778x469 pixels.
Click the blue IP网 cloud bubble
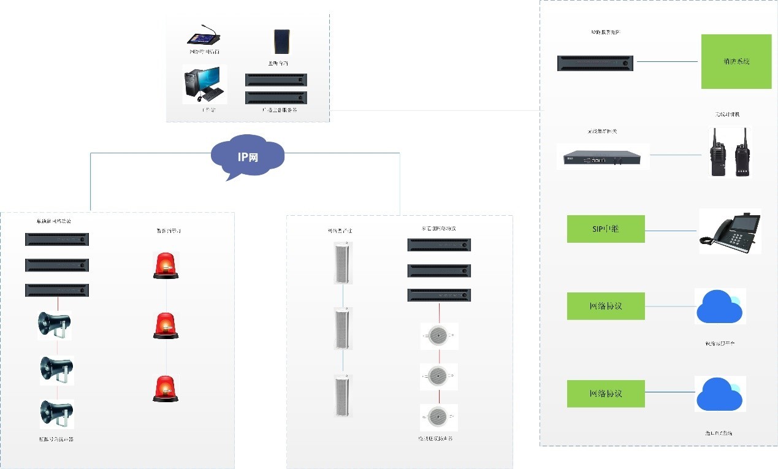tap(248, 156)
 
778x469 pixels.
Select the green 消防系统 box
tap(736, 61)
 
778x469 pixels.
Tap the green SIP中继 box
tap(606, 229)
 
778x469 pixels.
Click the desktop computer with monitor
tap(205, 85)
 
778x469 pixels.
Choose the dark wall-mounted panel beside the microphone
tap(281, 42)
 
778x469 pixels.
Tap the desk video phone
tap(730, 231)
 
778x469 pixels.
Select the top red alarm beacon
tap(166, 266)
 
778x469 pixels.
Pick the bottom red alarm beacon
tap(166, 389)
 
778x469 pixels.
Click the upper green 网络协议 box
tap(606, 306)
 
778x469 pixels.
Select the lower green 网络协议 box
tap(606, 394)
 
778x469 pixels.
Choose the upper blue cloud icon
tap(720, 306)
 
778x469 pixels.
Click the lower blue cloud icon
tap(720, 393)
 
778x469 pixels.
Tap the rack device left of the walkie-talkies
tap(603, 156)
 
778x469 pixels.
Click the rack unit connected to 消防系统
tap(595, 63)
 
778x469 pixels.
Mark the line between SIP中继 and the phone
tap(672, 231)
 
